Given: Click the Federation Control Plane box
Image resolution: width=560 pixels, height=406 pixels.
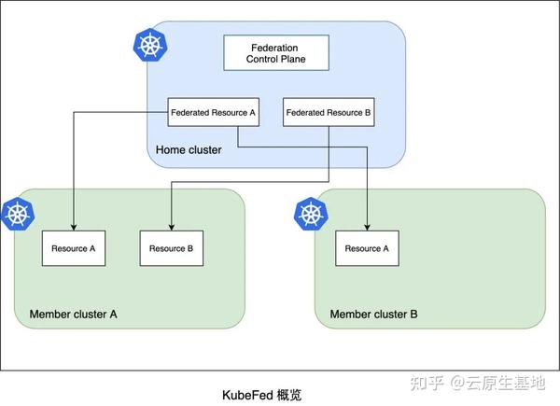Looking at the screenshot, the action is pyautogui.click(x=276, y=52).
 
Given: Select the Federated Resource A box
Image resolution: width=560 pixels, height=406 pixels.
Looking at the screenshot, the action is pyautogui.click(x=213, y=112).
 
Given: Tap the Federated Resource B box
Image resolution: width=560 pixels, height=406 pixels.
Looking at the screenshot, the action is pyautogui.click(x=329, y=112).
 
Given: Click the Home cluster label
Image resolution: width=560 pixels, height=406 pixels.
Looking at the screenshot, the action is pyautogui.click(x=189, y=150).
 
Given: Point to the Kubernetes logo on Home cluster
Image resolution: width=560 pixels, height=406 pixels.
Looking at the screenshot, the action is pyautogui.click(x=150, y=45).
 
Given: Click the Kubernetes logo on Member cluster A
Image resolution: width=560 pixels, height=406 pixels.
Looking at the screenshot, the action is pyautogui.click(x=18, y=214).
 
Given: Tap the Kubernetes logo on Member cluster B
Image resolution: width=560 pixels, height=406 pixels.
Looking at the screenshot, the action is pyautogui.click(x=311, y=214).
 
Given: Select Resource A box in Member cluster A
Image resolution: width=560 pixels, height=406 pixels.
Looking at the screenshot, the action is pyautogui.click(x=74, y=248).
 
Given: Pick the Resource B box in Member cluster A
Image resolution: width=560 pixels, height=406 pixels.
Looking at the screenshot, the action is pyautogui.click(x=172, y=248).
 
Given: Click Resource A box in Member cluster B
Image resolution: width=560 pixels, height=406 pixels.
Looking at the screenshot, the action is pyautogui.click(x=367, y=248).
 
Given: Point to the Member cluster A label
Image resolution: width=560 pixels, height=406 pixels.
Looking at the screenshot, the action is pyautogui.click(x=73, y=315).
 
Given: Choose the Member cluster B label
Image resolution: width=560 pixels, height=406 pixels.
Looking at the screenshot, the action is pyautogui.click(x=373, y=315).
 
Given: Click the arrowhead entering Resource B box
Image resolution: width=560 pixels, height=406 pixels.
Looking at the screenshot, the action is pyautogui.click(x=172, y=227).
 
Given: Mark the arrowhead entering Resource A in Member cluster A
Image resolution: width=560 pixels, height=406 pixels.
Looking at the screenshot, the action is pyautogui.click(x=74, y=227).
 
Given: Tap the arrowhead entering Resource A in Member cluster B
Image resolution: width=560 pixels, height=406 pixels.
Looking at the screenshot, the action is pyautogui.click(x=367, y=227).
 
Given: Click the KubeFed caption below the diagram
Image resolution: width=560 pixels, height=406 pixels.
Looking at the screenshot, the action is pyautogui.click(x=261, y=396).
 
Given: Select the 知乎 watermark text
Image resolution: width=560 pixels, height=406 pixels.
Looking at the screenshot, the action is pyautogui.click(x=427, y=383).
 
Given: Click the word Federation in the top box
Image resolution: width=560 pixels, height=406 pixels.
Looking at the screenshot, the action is pyautogui.click(x=274, y=48).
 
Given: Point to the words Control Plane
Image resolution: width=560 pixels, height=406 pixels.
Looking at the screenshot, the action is pyautogui.click(x=276, y=59).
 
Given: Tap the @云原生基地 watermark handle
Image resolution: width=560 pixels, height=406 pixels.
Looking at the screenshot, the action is pyautogui.click(x=497, y=383).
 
